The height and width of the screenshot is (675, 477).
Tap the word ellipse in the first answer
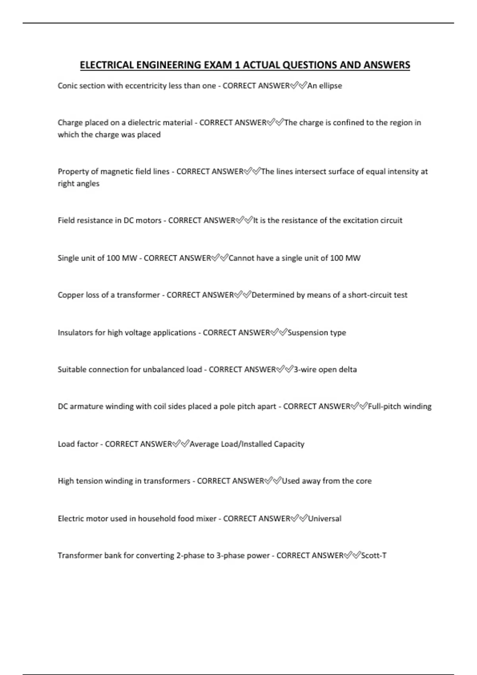pos(330,86)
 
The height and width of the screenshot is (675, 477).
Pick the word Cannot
pos(241,258)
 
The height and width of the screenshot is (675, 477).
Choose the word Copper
pos(70,295)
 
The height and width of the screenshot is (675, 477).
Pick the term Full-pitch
pos(382,407)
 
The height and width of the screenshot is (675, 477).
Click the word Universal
pos(325,519)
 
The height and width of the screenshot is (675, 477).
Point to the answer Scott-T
pos(374,555)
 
